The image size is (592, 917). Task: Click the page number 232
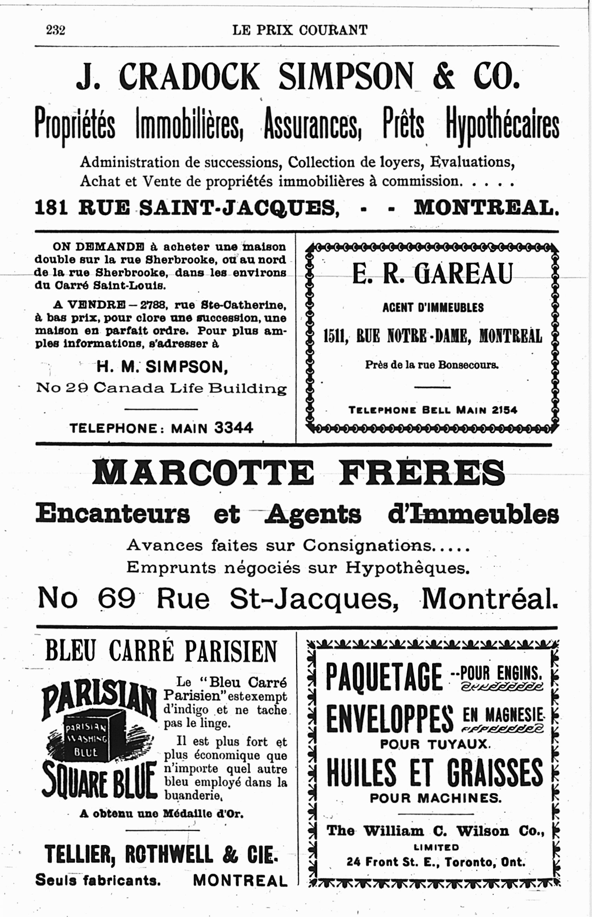click(56, 30)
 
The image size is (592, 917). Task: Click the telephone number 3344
click(234, 427)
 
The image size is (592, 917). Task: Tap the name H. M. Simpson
click(162, 367)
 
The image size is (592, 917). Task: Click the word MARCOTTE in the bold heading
click(203, 473)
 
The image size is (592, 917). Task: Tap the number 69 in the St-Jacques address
click(116, 598)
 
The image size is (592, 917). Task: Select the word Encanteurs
click(113, 514)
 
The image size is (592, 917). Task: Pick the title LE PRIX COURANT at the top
click(300, 30)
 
